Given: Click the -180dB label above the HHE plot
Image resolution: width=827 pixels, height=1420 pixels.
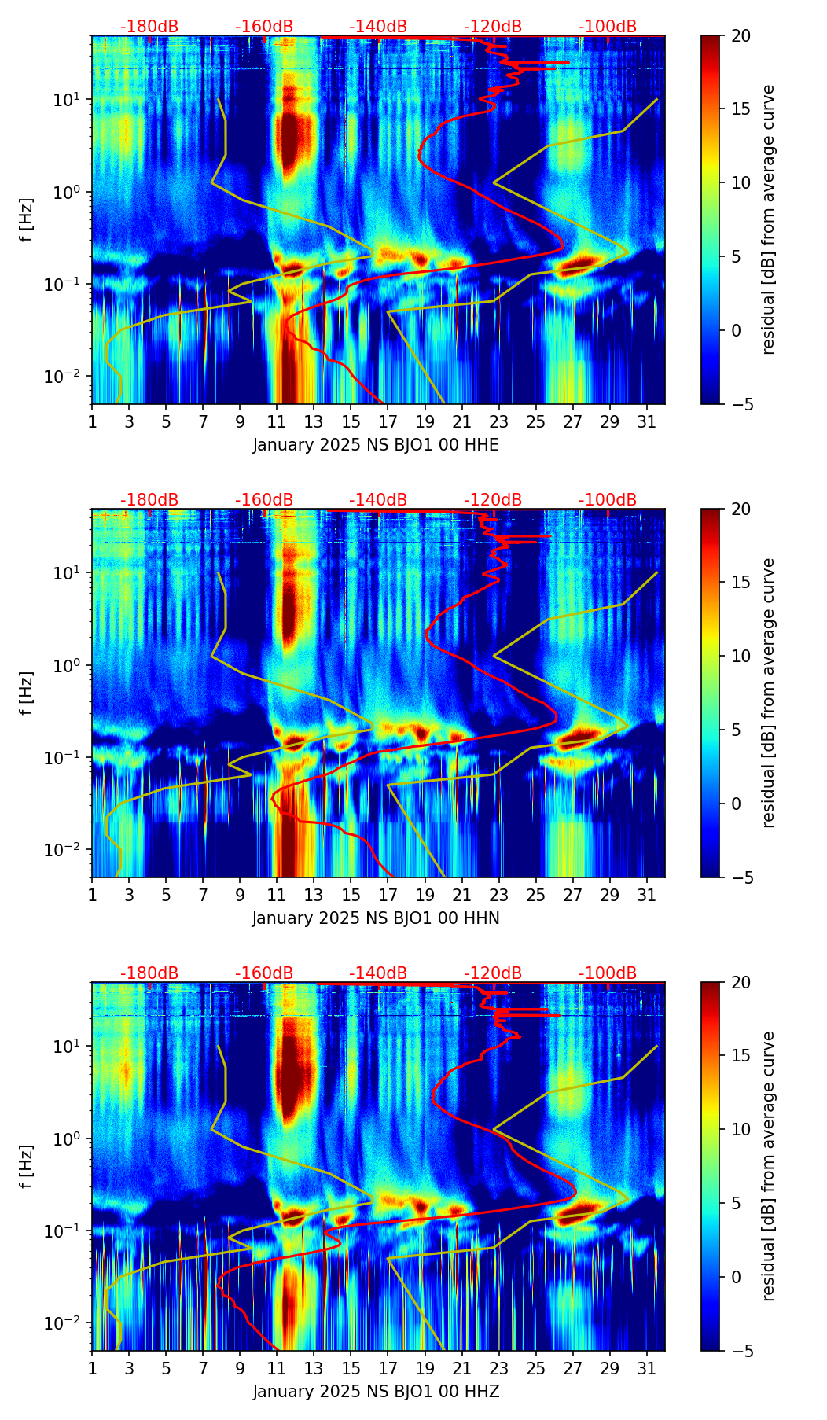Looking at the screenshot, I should tap(149, 27).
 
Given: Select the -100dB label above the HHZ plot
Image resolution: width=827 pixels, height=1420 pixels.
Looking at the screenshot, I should tap(608, 973).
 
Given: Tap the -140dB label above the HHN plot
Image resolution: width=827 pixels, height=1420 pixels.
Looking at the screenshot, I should tap(378, 500).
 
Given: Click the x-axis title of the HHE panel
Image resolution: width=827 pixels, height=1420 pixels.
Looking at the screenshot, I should tap(376, 445).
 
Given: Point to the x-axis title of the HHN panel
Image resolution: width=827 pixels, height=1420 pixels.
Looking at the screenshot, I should tap(376, 918).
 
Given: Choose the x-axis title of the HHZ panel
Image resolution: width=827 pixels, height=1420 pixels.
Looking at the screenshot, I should tap(376, 1392).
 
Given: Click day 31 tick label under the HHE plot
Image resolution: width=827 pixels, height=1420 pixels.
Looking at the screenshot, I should tap(647, 423).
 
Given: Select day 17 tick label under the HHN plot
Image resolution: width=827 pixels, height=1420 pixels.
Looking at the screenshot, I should tap(388, 896).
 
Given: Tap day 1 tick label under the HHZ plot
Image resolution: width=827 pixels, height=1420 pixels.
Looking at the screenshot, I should tap(93, 1370).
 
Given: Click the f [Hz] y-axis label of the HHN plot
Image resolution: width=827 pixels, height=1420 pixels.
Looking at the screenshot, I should tap(28, 693).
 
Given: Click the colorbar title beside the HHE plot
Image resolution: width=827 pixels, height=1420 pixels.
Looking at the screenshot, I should tap(769, 219).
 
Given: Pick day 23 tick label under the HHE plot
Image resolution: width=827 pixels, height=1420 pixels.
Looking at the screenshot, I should tap(499, 423).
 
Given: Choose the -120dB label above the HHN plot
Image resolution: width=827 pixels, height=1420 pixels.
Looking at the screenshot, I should tap(493, 500).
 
